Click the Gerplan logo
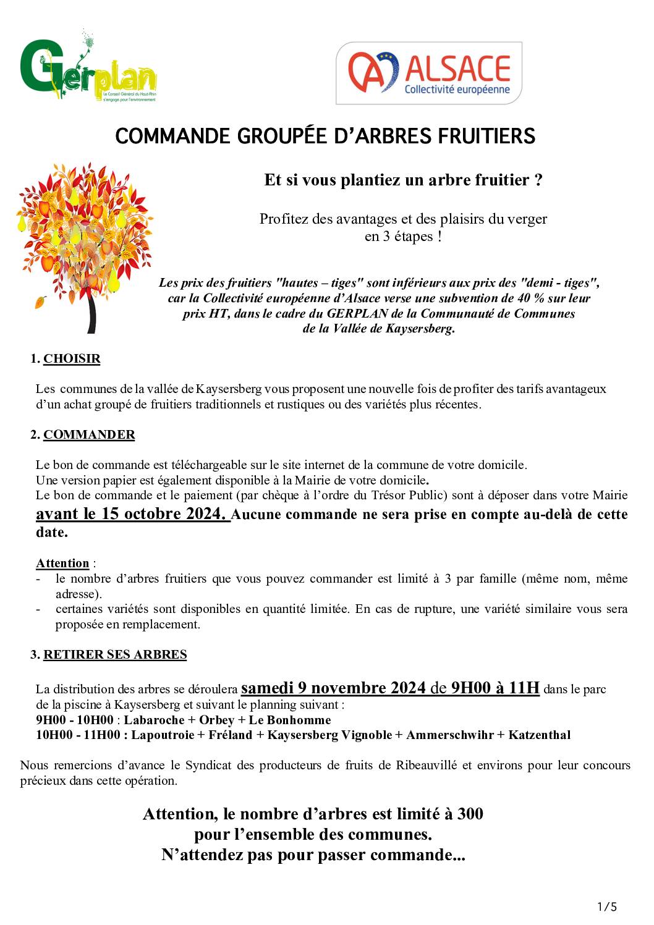pyautogui.click(x=87, y=67)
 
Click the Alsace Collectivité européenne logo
pyautogui.click(x=428, y=73)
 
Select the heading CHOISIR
pyautogui.click(x=72, y=359)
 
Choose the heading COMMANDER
pyautogui.click(x=89, y=434)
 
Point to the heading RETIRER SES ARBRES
pyautogui.click(x=115, y=654)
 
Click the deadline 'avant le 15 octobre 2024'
pyautogui.click(x=131, y=514)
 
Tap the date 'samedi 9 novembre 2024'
pyautogui.click(x=333, y=688)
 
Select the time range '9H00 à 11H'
pyautogui.click(x=495, y=688)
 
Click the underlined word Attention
pyautogui.click(x=62, y=563)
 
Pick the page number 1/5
pyautogui.click(x=607, y=906)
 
